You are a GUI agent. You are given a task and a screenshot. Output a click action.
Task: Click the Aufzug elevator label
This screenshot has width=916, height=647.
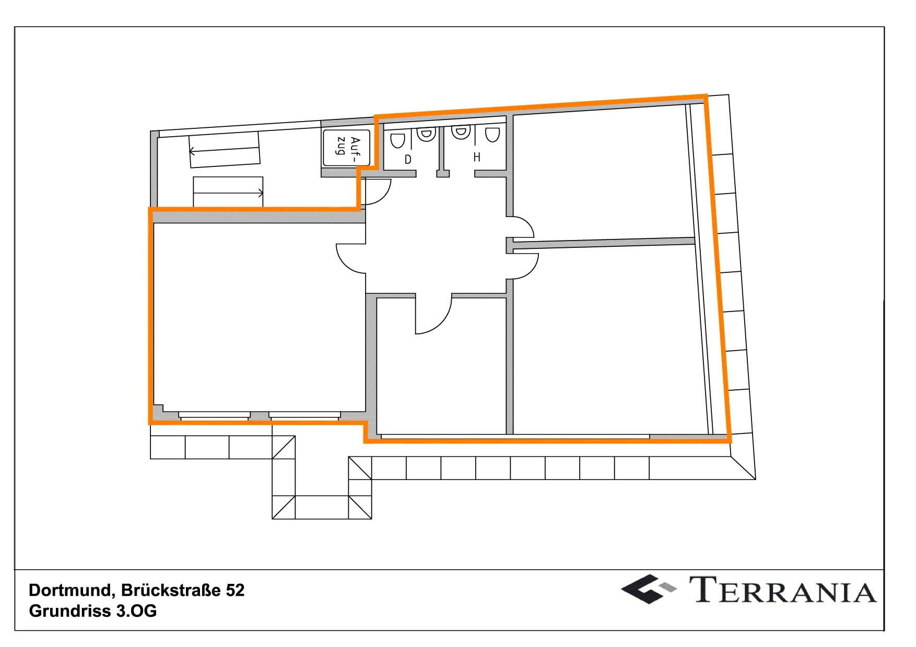(348, 146)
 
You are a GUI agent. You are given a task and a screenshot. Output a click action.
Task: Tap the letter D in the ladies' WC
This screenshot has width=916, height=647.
(408, 159)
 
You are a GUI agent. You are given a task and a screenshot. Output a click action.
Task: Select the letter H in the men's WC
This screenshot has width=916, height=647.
(477, 157)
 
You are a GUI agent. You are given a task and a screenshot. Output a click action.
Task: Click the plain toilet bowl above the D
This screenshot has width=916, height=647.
(397, 140)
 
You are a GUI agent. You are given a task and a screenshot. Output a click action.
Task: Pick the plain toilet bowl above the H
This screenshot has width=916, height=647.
(492, 135)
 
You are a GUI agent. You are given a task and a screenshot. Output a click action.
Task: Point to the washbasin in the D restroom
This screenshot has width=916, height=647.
(426, 134)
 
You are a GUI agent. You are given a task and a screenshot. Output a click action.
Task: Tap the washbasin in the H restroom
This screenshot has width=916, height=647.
(461, 131)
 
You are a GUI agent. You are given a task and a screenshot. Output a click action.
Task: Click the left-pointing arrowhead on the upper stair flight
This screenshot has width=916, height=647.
(192, 152)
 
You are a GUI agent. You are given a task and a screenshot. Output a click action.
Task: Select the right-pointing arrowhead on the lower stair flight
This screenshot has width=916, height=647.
(260, 194)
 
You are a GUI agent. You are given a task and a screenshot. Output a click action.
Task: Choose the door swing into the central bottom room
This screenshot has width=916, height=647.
(441, 323)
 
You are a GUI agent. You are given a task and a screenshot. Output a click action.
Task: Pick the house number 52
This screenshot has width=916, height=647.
(235, 590)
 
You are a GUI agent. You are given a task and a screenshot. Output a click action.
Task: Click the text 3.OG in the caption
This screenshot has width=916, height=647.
(136, 611)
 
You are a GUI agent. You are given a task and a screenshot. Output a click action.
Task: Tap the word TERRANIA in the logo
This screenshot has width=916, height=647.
(783, 590)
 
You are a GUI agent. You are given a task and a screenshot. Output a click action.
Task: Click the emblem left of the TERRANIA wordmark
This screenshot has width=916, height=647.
(648, 589)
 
